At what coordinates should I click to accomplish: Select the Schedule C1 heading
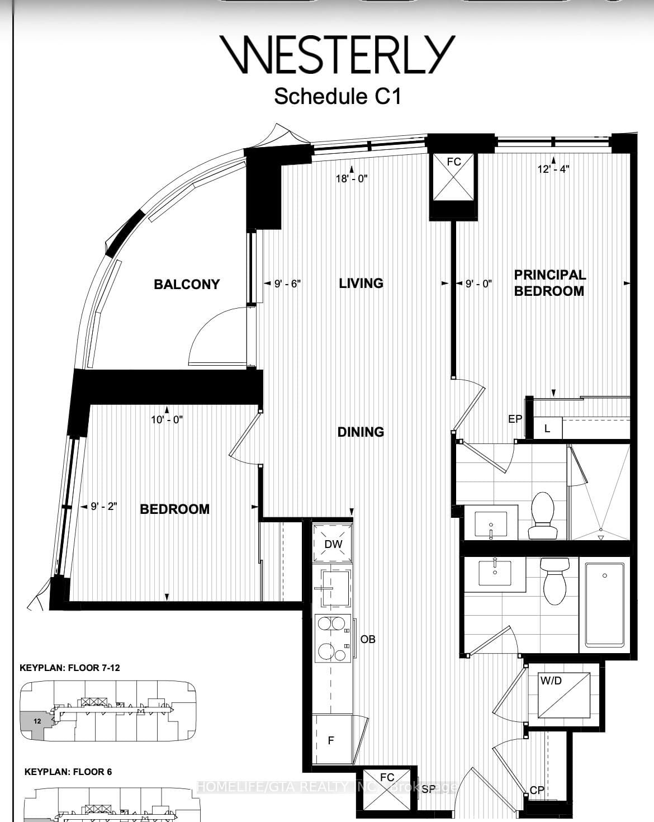[x=338, y=96]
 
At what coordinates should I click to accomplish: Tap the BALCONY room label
[x=187, y=284]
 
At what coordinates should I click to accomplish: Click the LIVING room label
[x=361, y=283]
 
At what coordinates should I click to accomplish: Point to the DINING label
[x=361, y=432]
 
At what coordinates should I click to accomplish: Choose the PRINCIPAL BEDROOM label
[x=549, y=283]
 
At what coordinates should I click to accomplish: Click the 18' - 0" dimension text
[x=352, y=178]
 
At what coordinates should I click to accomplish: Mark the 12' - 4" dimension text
[x=553, y=169]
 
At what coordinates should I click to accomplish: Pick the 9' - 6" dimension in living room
[x=287, y=284]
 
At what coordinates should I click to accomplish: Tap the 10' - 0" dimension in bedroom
[x=167, y=419]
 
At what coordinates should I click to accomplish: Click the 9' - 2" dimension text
[x=103, y=507]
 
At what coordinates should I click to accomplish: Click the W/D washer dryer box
[x=563, y=695]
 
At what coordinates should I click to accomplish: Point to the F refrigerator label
[x=331, y=740]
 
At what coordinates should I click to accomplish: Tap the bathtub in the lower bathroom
[x=605, y=604]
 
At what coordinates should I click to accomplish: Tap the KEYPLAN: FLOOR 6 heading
[x=68, y=772]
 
